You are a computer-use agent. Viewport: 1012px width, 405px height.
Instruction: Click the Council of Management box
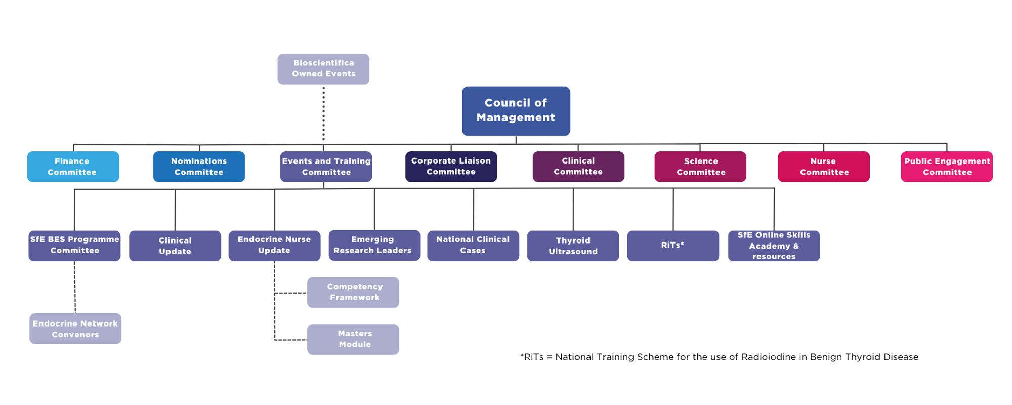click(516, 111)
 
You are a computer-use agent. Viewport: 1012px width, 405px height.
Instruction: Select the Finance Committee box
click(73, 167)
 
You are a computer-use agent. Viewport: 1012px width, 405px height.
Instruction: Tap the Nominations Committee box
click(199, 167)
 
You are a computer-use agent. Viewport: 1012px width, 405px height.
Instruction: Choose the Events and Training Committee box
click(326, 167)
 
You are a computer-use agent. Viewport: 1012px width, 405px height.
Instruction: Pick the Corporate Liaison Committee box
click(451, 167)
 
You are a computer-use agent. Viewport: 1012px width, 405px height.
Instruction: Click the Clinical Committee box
click(578, 167)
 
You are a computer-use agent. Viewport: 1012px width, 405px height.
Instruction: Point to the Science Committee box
click(700, 167)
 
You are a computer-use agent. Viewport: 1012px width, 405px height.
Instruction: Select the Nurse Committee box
click(824, 167)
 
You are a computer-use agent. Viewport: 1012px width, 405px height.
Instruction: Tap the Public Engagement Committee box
click(947, 167)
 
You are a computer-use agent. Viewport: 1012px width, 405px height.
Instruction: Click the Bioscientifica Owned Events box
click(323, 69)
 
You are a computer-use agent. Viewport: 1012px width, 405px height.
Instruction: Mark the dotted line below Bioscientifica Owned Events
click(323, 114)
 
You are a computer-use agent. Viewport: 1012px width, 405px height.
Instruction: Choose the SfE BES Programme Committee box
click(74, 246)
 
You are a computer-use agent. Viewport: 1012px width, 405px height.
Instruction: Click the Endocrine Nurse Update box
click(274, 246)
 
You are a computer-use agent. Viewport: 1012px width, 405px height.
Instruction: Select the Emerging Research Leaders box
click(374, 246)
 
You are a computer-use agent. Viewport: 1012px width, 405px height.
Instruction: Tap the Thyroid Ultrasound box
click(573, 246)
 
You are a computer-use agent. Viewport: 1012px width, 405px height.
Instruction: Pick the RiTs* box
click(673, 246)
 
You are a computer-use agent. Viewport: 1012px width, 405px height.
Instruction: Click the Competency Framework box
click(353, 292)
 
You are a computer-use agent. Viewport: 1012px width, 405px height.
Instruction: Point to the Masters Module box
click(353, 339)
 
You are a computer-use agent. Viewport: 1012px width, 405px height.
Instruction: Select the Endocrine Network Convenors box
click(75, 329)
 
